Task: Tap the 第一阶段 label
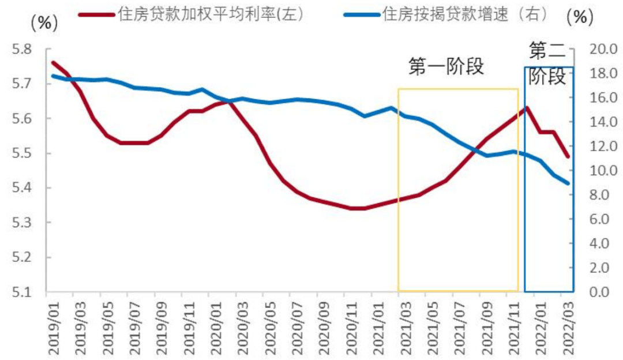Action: click(445, 67)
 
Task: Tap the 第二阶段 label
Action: click(547, 63)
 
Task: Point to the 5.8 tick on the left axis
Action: click(23, 50)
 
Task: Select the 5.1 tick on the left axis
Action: click(23, 292)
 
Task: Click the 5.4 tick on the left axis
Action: click(23, 188)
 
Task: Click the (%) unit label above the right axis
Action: click(580, 17)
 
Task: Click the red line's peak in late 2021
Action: click(527, 107)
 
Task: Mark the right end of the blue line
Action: click(568, 183)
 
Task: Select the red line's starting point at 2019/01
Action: click(52, 62)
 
